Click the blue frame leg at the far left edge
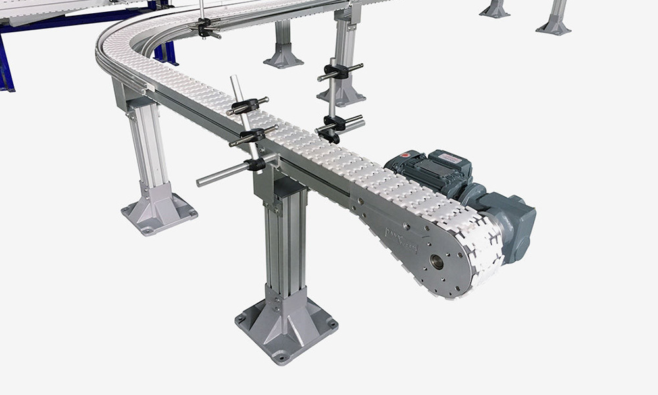(5, 66)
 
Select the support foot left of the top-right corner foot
(495, 10)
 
